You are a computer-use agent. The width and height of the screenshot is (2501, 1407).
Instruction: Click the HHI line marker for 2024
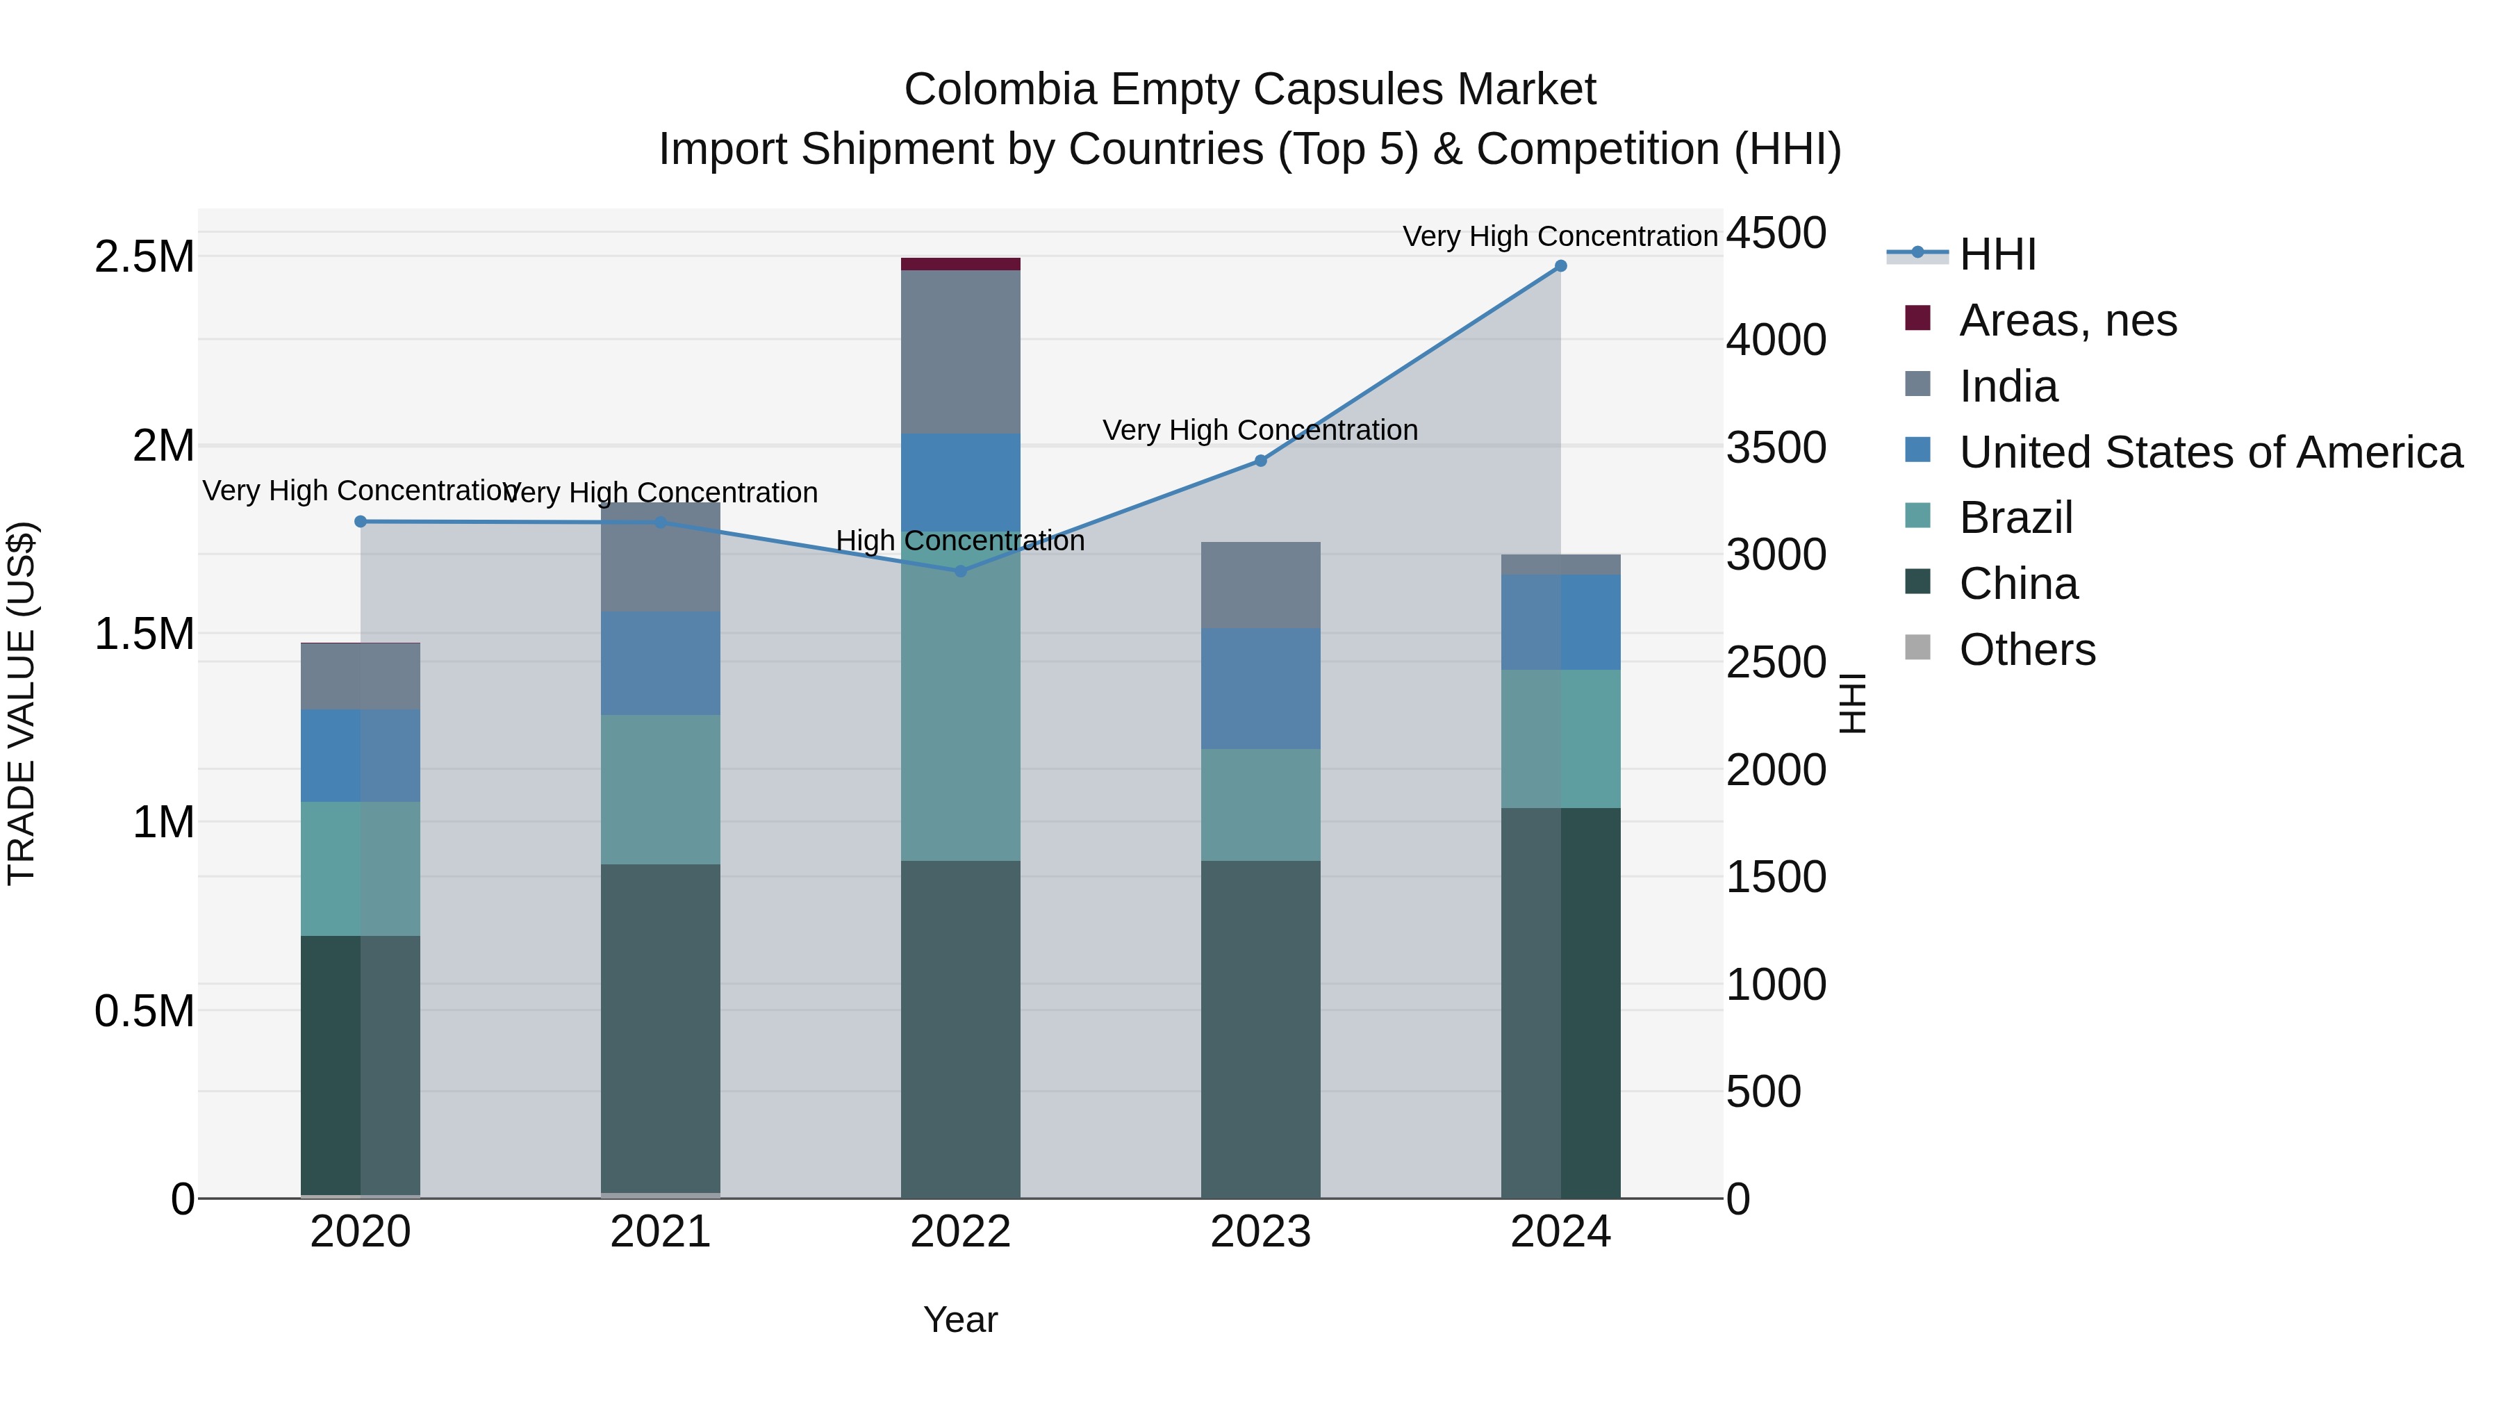point(1560,266)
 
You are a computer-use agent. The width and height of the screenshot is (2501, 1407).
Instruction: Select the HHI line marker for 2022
point(960,571)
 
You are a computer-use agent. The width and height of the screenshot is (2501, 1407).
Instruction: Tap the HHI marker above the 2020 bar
point(360,521)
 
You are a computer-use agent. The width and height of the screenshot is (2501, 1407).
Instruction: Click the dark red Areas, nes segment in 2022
point(960,264)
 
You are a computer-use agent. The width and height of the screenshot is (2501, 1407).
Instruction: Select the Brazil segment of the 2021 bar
point(660,789)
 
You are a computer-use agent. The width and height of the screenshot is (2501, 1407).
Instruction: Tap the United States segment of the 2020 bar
point(360,755)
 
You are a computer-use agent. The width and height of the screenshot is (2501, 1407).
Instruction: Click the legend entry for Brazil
point(2015,518)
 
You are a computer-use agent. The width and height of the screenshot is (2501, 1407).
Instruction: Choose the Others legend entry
point(2027,650)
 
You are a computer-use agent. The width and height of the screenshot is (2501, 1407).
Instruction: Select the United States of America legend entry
point(2210,452)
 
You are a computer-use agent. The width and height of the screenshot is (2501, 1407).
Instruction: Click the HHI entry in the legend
point(1997,254)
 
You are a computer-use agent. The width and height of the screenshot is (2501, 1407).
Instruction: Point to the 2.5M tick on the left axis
point(144,257)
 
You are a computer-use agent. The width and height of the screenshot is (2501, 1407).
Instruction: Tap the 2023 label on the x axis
point(1260,1232)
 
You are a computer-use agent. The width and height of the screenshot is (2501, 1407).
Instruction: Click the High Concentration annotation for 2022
point(960,541)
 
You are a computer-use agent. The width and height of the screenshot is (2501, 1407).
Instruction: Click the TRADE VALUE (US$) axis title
point(22,703)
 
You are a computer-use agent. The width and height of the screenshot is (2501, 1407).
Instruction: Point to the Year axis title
point(960,1319)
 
